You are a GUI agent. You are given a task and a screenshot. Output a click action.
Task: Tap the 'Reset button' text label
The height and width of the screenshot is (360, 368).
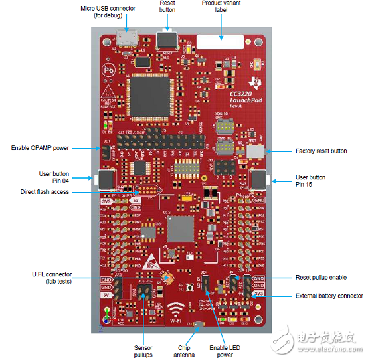[167, 7]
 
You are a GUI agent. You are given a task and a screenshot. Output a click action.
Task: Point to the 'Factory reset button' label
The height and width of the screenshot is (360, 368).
[321, 151]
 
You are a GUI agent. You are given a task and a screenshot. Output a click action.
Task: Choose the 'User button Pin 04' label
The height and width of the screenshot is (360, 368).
[53, 178]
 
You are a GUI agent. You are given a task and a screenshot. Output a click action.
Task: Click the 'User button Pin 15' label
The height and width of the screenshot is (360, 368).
[310, 181]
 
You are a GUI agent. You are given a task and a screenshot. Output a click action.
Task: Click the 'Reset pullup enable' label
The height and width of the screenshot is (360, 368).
[321, 277]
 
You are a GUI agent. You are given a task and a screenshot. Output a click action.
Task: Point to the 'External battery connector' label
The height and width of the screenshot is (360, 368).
[329, 296]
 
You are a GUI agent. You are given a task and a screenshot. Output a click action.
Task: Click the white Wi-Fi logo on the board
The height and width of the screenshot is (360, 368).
[177, 312]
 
